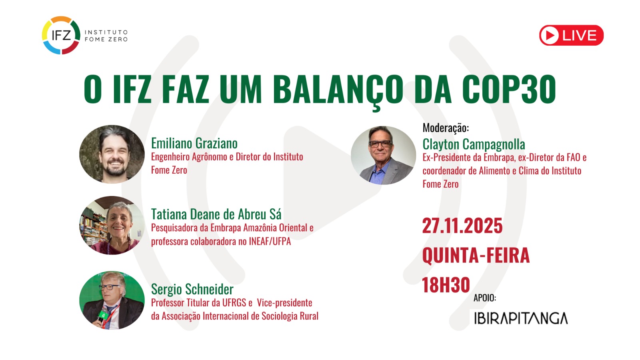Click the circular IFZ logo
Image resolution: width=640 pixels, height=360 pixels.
[61, 35]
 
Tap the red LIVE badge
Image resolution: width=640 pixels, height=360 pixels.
[571, 35]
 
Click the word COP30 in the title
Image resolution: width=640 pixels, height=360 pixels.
[509, 89]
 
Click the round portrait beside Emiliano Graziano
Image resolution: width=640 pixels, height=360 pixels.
[112, 154]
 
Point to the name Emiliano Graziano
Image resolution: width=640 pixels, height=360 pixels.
[194, 143]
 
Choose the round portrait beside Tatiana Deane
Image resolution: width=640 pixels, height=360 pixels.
[112, 225]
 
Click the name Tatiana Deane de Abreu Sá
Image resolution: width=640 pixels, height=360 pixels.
[216, 214]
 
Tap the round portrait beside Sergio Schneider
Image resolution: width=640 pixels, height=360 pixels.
[112, 300]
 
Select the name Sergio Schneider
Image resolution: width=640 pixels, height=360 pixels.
[192, 289]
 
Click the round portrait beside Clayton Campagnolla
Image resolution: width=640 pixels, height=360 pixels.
[383, 155]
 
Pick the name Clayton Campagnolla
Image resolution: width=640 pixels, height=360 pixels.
[474, 144]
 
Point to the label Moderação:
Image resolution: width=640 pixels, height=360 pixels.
[446, 128]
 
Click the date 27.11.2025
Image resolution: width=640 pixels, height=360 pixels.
[462, 226]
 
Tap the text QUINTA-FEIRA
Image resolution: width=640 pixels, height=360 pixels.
[476, 255]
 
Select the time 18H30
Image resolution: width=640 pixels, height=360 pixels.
[446, 285]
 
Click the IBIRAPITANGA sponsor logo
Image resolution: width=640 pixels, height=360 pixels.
[520, 318]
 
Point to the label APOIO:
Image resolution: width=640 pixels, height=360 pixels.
[484, 298]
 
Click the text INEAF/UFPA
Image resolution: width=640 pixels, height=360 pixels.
[270, 241]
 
